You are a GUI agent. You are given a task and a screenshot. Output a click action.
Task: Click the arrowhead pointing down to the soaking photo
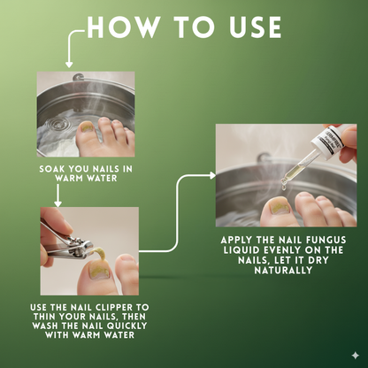(x=69, y=65)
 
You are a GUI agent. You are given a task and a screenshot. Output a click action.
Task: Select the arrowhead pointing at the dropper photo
(x=212, y=176)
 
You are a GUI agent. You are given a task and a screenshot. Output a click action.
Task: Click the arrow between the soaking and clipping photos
(x=58, y=195)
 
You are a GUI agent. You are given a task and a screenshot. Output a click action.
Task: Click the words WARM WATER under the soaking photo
(x=86, y=178)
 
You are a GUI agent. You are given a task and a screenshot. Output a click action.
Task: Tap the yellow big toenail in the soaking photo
(x=87, y=127)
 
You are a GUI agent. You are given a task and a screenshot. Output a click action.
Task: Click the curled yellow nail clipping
(x=100, y=253)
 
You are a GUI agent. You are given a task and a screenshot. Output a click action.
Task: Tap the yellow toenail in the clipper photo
(x=99, y=269)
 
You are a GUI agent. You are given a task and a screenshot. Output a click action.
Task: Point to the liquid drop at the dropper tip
(x=284, y=187)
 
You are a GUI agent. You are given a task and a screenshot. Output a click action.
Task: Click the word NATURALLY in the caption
(x=283, y=270)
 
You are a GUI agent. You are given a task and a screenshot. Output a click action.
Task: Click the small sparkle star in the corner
(x=356, y=356)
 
